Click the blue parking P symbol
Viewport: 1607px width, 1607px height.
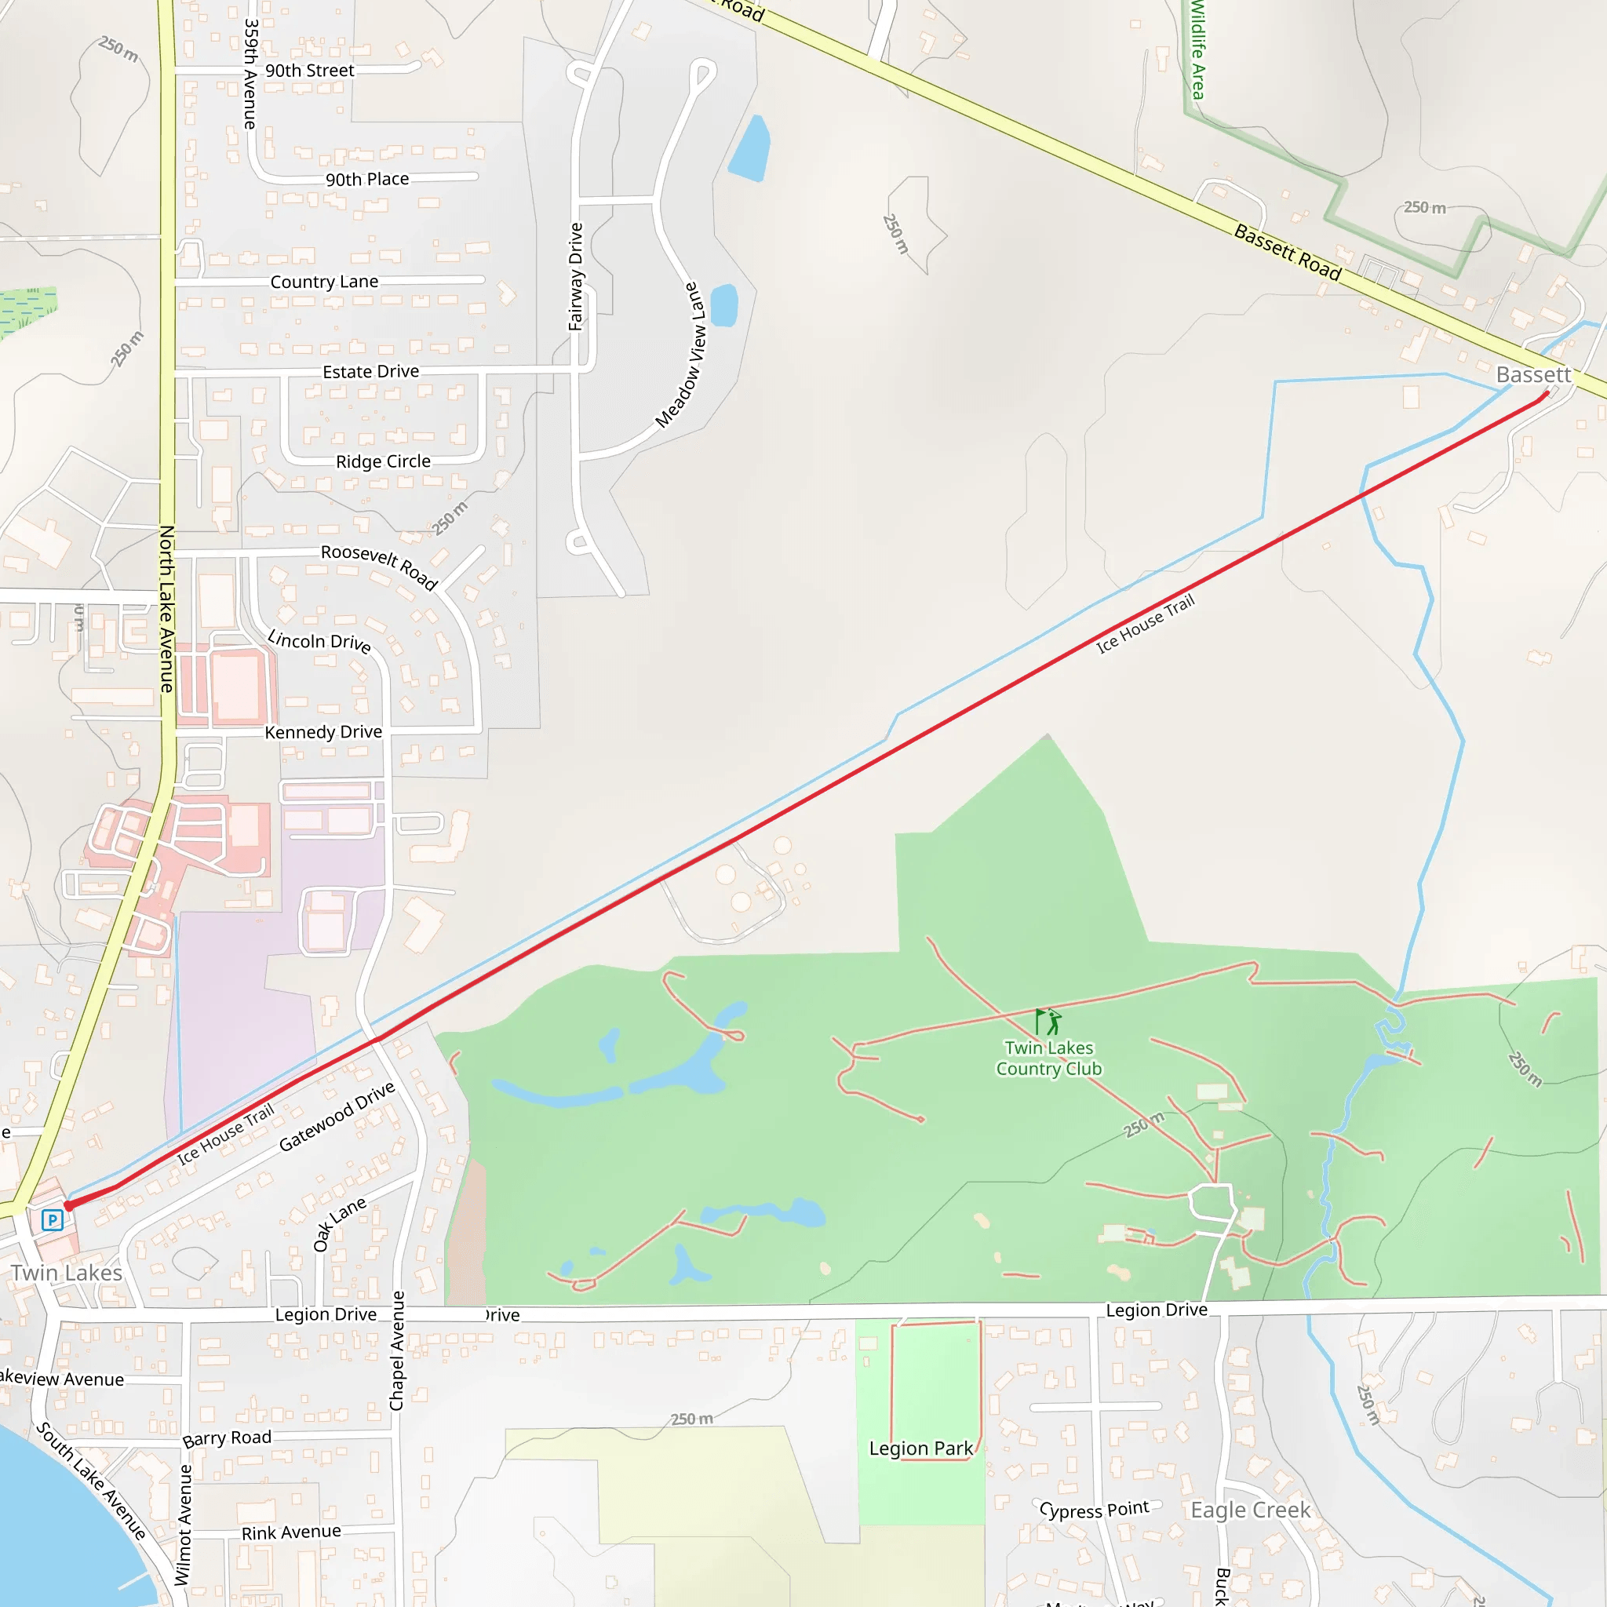click(x=53, y=1220)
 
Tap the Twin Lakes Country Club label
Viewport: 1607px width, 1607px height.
click(x=1048, y=1058)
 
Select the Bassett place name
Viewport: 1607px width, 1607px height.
click(x=1533, y=375)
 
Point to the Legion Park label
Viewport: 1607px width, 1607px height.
click(x=920, y=1448)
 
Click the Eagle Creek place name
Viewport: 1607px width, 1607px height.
click(x=1250, y=1510)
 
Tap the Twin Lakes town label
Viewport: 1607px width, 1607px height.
click(x=67, y=1273)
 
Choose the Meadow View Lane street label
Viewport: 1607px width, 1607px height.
click(x=680, y=356)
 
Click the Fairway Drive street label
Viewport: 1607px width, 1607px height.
click(x=576, y=277)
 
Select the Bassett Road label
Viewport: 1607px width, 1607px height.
click(x=1287, y=253)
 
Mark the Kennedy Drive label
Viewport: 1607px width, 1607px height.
click(x=323, y=732)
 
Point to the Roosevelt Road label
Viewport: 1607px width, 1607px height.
click(x=379, y=567)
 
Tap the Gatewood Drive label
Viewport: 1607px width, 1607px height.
click(x=336, y=1117)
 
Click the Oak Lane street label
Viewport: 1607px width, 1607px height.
click(x=338, y=1224)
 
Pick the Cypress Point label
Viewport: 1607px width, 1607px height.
click(x=1094, y=1510)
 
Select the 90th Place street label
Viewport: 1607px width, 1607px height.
click(x=366, y=179)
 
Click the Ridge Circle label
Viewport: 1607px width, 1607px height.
click(x=383, y=461)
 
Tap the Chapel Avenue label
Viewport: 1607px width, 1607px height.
click(x=397, y=1351)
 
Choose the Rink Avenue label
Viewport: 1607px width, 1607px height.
click(x=291, y=1532)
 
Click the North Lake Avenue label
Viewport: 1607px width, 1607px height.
click(x=166, y=609)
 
